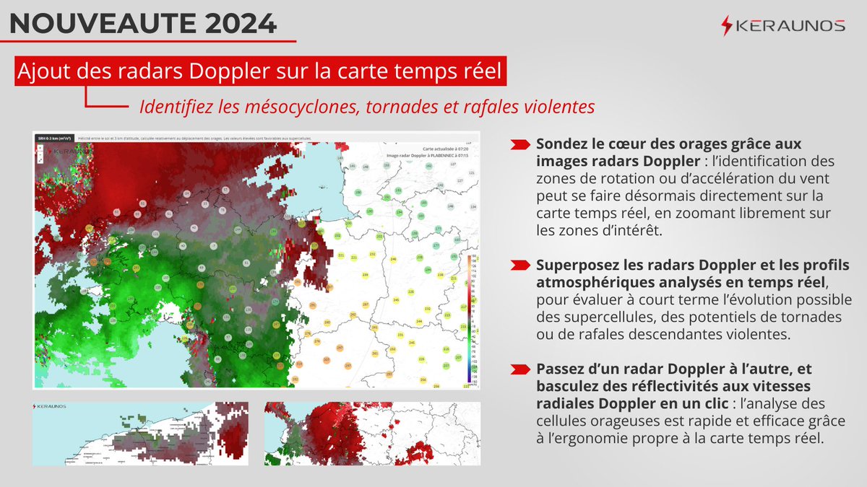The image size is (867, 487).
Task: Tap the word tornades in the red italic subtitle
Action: [x=402, y=107]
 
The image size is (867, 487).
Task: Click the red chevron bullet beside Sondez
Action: [x=519, y=144]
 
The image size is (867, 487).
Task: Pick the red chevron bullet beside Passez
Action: [x=519, y=369]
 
